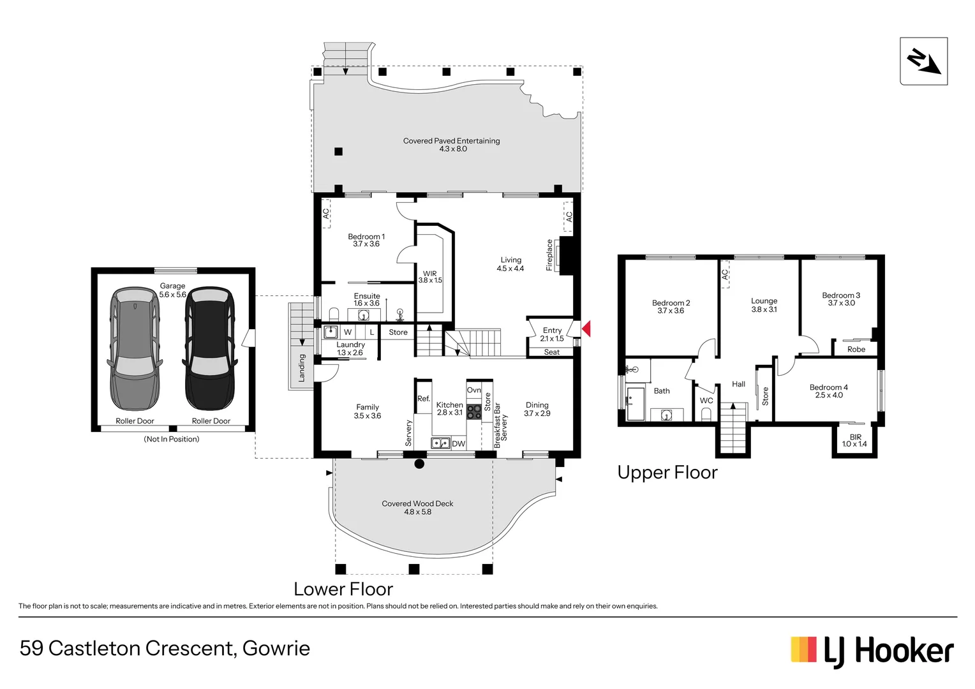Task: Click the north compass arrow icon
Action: [924, 61]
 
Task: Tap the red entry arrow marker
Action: [586, 329]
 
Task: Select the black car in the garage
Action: [210, 348]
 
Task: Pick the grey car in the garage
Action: [135, 348]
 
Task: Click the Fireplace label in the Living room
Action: [549, 255]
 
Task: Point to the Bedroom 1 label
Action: [366, 237]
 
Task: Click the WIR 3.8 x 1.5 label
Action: [430, 277]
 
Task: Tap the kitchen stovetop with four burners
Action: [474, 411]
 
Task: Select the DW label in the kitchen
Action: [458, 444]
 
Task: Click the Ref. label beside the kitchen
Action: [424, 398]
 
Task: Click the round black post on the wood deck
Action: [419, 464]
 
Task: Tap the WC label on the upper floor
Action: [706, 401]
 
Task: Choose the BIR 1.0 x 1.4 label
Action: [854, 440]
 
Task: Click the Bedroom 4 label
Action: [829, 387]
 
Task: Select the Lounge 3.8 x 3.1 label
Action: [764, 305]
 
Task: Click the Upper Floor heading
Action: [667, 473]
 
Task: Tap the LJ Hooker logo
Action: [872, 651]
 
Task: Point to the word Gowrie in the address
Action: [276, 649]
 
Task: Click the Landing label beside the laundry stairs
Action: [301, 368]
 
